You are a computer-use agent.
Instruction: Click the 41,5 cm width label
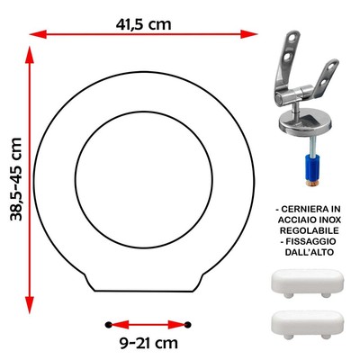click(143, 24)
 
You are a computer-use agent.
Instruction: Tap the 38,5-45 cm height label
click(16, 179)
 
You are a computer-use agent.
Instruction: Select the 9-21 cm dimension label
click(148, 343)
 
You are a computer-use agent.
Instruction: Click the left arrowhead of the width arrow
click(39, 34)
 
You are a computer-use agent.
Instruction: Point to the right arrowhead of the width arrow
click(249, 34)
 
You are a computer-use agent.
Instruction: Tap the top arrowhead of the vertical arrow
click(30, 55)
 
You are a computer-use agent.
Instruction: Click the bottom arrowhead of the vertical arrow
click(30, 305)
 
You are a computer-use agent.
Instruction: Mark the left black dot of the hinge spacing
click(109, 325)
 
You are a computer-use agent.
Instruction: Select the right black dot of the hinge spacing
click(188, 325)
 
